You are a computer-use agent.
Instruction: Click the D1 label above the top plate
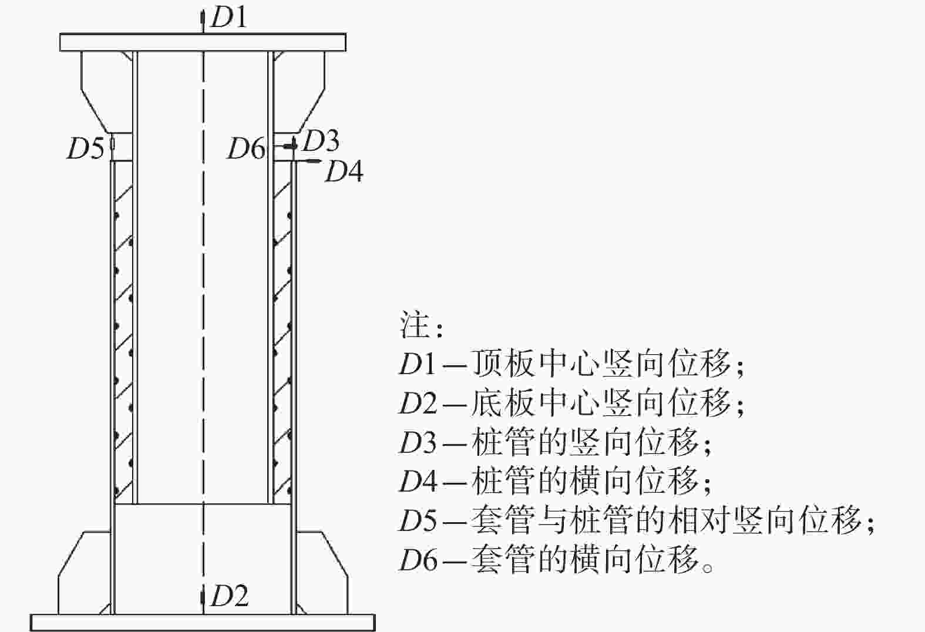point(229,18)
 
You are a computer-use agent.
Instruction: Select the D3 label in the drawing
point(321,140)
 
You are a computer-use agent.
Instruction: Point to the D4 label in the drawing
point(344,171)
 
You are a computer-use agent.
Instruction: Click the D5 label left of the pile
point(86,148)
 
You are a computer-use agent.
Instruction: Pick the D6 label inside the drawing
point(246,148)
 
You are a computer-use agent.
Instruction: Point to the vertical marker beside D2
point(203,597)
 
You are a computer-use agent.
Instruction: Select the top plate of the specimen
point(203,42)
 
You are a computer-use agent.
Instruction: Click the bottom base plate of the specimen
point(203,623)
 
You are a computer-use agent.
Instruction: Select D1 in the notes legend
point(418,364)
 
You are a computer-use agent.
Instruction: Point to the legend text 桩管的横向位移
point(584,481)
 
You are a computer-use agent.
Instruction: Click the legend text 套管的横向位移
point(584,559)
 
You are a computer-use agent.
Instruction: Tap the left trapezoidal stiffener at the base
point(85,573)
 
